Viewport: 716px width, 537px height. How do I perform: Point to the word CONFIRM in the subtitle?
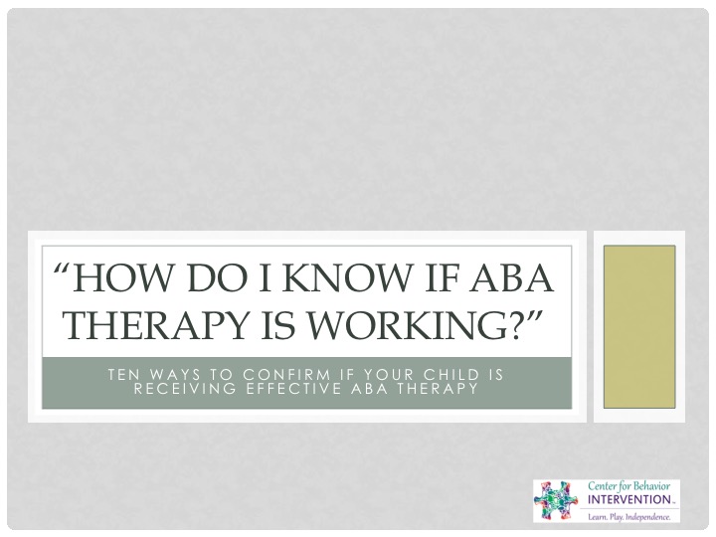(x=286, y=375)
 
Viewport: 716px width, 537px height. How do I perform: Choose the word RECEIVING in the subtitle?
(x=185, y=389)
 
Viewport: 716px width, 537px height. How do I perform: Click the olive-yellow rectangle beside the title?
(x=639, y=326)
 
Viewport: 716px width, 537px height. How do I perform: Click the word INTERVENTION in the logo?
(x=628, y=499)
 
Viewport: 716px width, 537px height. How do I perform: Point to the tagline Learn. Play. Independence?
(x=629, y=517)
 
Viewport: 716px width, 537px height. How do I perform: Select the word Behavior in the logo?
(x=651, y=486)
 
